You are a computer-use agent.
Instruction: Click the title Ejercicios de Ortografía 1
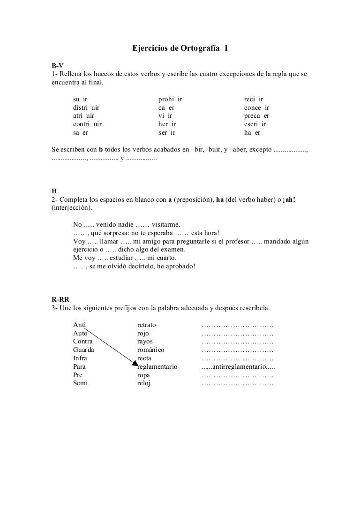(180, 48)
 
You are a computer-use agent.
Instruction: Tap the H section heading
(53, 191)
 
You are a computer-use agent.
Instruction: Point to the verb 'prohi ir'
(170, 99)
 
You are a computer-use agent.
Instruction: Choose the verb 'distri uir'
(86, 107)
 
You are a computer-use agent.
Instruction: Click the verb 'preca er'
(256, 116)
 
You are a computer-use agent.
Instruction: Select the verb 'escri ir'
(255, 124)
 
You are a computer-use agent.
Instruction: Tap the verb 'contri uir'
(87, 124)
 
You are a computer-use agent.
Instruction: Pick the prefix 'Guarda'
(83, 350)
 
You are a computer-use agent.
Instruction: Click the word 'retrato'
(146, 325)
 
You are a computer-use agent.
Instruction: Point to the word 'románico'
(150, 350)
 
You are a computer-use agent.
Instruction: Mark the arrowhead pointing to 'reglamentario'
(135, 364)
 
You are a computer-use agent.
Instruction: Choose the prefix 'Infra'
(80, 358)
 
